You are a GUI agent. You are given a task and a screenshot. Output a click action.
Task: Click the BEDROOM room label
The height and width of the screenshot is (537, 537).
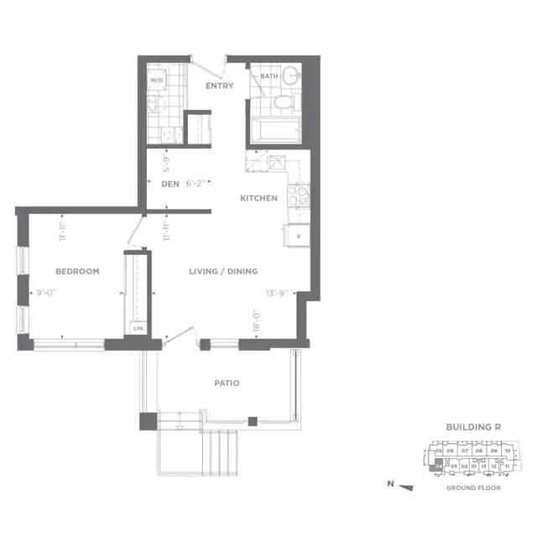pos(77,271)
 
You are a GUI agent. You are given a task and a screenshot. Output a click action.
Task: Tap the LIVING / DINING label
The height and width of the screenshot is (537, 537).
pos(222,271)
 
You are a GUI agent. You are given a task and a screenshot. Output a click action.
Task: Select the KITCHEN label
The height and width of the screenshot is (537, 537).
pos(258,198)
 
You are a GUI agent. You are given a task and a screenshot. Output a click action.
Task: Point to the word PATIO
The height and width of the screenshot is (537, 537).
pos(227,383)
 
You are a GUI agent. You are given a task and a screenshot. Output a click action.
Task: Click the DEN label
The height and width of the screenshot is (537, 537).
pos(170,183)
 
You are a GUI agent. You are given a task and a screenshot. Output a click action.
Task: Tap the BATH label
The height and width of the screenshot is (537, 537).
pos(268,76)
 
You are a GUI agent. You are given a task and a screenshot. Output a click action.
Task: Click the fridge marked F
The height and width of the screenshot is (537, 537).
pos(298,236)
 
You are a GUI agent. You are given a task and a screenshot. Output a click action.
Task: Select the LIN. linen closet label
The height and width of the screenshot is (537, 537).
pos(138,328)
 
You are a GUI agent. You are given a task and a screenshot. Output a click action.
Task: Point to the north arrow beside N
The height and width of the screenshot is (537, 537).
pos(407,487)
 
